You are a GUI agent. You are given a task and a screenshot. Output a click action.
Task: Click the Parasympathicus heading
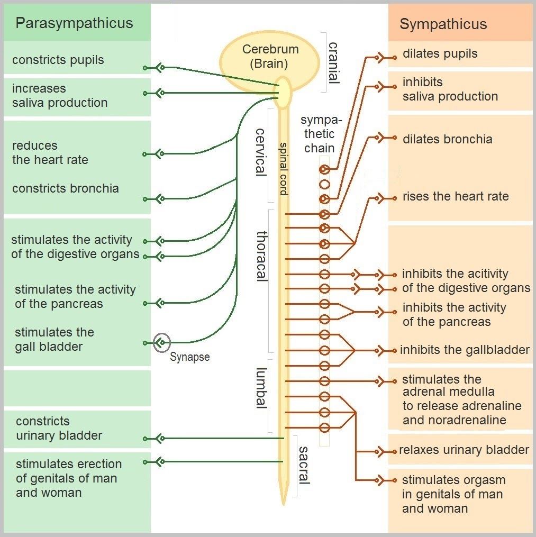74,23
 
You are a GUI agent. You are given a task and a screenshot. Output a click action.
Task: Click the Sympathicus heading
443,24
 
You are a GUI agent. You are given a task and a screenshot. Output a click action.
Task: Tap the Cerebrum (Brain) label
270,57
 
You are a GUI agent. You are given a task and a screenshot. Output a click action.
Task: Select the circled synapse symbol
161,343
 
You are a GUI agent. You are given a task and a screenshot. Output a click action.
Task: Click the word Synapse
189,357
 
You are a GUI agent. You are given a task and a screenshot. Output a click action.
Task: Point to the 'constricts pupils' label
58,60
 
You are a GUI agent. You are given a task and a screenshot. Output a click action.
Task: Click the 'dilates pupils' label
440,53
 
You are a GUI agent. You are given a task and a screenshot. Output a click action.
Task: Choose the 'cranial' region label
333,62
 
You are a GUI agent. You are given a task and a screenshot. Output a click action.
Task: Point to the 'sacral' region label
304,465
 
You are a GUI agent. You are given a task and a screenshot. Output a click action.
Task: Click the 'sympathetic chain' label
319,134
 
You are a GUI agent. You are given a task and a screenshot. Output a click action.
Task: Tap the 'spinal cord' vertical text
284,169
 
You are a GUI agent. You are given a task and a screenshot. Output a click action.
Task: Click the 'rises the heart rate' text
455,197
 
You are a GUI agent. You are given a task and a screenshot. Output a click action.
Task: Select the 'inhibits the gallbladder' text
465,350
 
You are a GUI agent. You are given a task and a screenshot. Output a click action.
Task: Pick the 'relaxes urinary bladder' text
464,450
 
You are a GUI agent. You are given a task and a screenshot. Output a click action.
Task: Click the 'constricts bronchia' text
65,188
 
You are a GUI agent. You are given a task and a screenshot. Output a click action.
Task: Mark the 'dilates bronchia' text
447,139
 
